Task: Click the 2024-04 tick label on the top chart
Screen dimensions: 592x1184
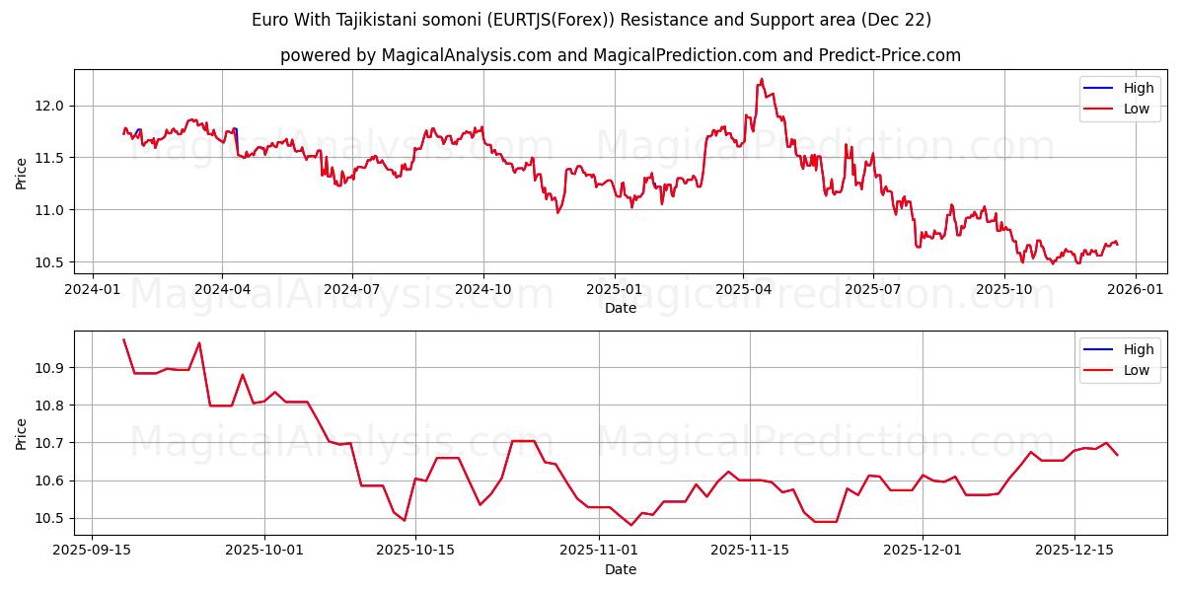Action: click(x=222, y=289)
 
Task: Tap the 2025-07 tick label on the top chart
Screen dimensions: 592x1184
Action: click(x=873, y=289)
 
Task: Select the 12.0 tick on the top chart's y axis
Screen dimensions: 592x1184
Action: click(x=49, y=106)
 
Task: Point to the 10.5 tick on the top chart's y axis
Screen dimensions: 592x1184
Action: click(x=49, y=262)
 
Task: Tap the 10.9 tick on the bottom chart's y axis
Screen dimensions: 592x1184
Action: click(x=49, y=368)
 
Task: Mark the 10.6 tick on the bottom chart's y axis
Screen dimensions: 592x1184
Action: click(x=49, y=481)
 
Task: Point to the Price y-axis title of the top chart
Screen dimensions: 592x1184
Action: click(x=21, y=174)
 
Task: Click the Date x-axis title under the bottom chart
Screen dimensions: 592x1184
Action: click(x=621, y=569)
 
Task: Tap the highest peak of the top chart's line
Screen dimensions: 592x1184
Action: click(x=762, y=79)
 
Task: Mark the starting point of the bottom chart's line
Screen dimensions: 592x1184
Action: click(x=123, y=339)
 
